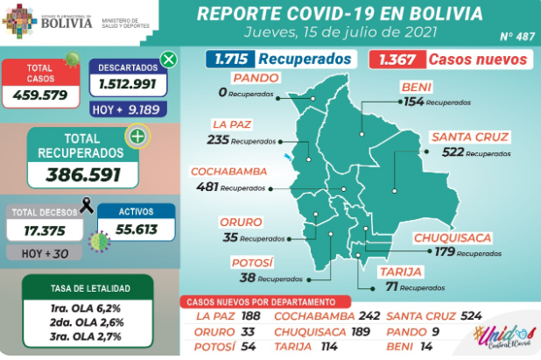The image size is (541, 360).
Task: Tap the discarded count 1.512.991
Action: [x=128, y=85]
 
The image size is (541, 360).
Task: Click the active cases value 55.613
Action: [x=135, y=229]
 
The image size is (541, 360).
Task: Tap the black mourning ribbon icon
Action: [x=86, y=207]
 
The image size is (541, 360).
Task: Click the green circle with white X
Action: [x=169, y=60]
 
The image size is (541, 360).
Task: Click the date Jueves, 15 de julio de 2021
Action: [x=338, y=32]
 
